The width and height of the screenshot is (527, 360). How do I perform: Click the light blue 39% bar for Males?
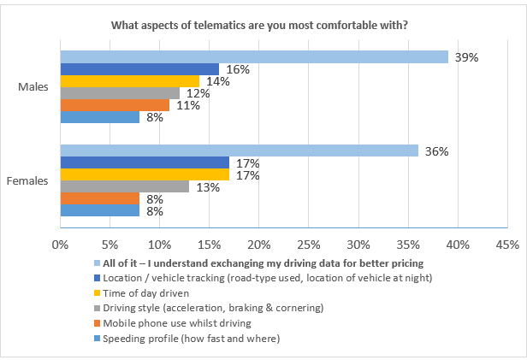click(x=254, y=56)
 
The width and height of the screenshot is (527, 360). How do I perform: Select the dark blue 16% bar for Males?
click(x=139, y=69)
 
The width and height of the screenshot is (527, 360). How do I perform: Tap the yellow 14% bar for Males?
click(x=129, y=81)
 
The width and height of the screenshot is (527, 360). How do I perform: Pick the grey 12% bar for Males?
click(x=120, y=93)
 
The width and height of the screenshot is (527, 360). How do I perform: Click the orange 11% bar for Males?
click(x=115, y=105)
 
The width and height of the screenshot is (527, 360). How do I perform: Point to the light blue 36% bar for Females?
click(x=239, y=150)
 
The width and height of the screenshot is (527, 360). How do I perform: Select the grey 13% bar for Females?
click(x=124, y=186)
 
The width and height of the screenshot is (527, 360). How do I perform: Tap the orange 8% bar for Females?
click(x=99, y=198)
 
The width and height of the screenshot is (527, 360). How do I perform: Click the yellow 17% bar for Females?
click(x=144, y=174)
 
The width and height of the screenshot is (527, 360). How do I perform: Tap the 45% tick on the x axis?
click(x=507, y=245)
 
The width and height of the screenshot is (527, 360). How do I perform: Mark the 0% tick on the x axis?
click(x=60, y=245)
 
